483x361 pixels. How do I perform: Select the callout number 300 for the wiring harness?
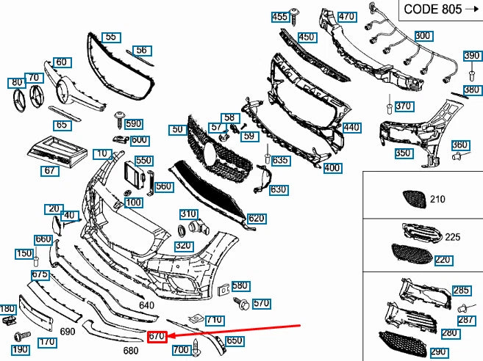tap(423, 35)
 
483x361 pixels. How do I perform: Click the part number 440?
tap(352, 128)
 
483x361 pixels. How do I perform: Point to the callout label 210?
tap(438, 200)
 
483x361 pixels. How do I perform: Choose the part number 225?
tap(452, 237)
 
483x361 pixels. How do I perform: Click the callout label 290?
tap(438, 352)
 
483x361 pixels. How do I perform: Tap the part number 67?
tap(50, 170)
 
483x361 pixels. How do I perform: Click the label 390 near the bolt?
tap(471, 56)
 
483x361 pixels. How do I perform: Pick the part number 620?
tap(257, 219)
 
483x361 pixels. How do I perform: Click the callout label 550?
tap(143, 160)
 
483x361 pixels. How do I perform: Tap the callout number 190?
tap(20, 350)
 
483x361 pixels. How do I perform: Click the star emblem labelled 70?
tap(33, 95)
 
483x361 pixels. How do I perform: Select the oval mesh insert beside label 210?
tap(411, 198)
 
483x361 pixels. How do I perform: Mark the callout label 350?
tap(403, 154)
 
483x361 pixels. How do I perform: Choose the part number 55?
tap(110, 36)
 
